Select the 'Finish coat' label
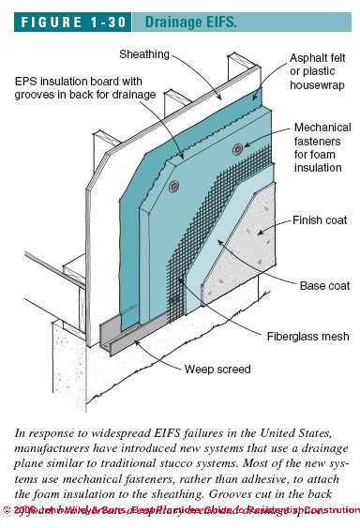pos(322,223)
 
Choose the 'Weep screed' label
pos(217,370)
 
